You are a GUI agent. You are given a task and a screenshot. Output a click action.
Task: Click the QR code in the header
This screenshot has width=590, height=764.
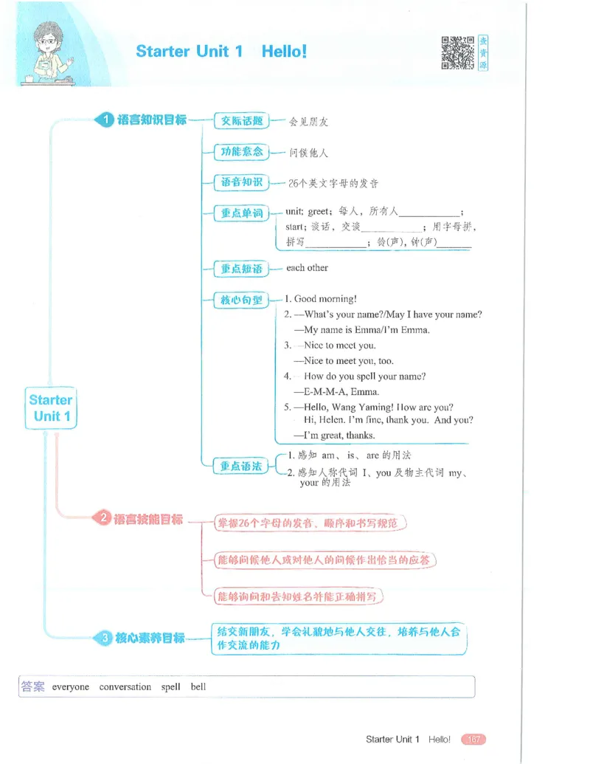pyautogui.click(x=457, y=52)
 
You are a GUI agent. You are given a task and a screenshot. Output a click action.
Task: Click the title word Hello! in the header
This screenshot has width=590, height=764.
pyautogui.click(x=284, y=51)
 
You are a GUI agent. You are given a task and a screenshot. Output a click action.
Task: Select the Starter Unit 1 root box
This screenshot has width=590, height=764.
pyautogui.click(x=51, y=407)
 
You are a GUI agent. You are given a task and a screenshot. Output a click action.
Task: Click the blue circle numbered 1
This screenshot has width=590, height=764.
pyautogui.click(x=105, y=120)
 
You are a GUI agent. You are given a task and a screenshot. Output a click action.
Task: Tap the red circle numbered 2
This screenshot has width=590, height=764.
pyautogui.click(x=103, y=517)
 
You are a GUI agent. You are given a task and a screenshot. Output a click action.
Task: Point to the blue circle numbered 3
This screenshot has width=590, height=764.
pyautogui.click(x=105, y=637)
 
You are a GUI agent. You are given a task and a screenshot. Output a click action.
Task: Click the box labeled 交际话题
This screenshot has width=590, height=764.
pyautogui.click(x=241, y=121)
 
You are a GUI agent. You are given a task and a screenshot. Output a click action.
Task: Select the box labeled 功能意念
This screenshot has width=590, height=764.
pyautogui.click(x=241, y=151)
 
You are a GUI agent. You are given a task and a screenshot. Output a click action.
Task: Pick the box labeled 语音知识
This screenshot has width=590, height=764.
pyautogui.click(x=241, y=182)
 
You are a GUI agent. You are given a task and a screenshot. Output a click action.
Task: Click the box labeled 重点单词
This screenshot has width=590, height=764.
pyautogui.click(x=241, y=213)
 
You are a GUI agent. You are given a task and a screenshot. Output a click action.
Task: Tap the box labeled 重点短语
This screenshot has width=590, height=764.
pyautogui.click(x=241, y=269)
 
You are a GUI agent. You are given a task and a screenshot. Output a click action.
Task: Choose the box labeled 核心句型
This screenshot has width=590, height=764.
pyautogui.click(x=241, y=300)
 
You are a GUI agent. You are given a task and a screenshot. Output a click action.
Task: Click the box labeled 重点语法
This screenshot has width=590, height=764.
pyautogui.click(x=241, y=466)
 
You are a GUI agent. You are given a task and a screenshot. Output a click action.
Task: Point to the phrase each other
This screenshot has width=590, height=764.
pyautogui.click(x=308, y=267)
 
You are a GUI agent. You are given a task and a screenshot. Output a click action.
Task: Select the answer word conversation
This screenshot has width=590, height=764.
pyautogui.click(x=125, y=686)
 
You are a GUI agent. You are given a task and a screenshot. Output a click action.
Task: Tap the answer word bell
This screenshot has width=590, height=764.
pyautogui.click(x=198, y=686)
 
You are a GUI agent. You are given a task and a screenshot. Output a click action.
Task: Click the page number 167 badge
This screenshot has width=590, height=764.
pyautogui.click(x=473, y=739)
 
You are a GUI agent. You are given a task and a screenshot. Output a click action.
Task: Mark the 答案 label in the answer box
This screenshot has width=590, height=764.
pyautogui.click(x=32, y=686)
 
